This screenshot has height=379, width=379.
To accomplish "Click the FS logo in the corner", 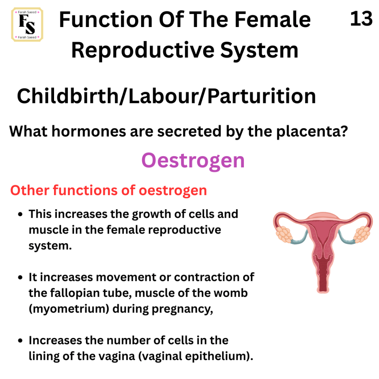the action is coord(27,24).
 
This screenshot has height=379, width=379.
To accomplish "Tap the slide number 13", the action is coord(361,19).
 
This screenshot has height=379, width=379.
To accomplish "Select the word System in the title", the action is coord(259,50).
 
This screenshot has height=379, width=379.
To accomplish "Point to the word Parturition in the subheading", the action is coord(262,96).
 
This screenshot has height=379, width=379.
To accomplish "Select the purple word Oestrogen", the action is coord(193,161).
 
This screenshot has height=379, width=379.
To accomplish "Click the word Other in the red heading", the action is coord(30,190).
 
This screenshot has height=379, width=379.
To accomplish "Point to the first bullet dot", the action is coord(20,214).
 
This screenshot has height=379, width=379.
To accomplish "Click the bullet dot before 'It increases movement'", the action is coord(20,278).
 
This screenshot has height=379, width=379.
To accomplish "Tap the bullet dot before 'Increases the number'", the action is coord(20,341).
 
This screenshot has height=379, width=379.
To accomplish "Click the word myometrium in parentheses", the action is coord(69,309).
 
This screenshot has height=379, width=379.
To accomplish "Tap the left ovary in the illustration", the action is coord(284,234).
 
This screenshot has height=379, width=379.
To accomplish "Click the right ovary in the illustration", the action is coord(362,234).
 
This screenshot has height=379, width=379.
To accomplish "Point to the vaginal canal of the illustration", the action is coord(323,275).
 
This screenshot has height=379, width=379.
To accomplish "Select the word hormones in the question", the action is coord(89,131).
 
